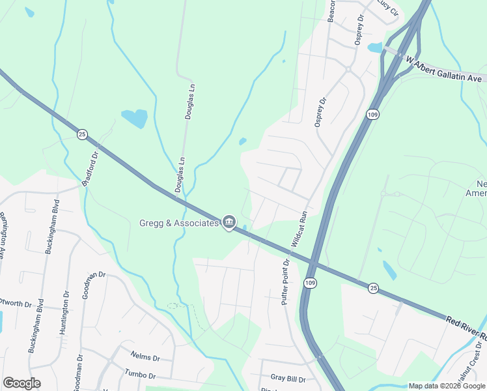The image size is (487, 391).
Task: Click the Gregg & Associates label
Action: click(179, 224)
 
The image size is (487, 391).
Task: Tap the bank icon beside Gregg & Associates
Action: click(229, 223)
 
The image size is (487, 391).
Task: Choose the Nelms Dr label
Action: click(145, 358)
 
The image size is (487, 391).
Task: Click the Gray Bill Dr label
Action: click(288, 379)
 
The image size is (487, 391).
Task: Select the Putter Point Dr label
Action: click(285, 281)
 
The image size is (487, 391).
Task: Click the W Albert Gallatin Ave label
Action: click(445, 69)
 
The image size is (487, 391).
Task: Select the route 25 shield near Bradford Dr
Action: click(82, 134)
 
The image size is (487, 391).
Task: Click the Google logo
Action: click(21, 383)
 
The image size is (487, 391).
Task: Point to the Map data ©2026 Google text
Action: click(446, 386)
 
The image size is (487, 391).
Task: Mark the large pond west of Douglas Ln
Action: click(135, 118)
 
